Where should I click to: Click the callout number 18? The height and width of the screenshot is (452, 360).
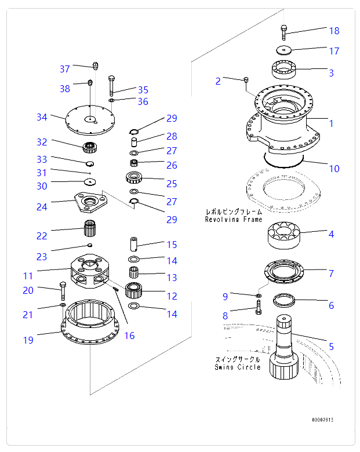(x=334, y=31)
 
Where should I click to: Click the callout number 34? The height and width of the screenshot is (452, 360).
(x=42, y=117)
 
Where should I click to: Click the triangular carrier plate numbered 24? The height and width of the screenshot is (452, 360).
(x=89, y=202)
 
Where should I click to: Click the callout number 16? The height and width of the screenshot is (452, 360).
(x=129, y=336)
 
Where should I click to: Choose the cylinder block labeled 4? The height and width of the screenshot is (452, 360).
(x=283, y=236)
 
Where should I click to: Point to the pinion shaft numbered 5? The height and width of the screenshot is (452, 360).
(x=284, y=348)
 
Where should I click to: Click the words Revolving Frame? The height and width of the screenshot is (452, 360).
(x=233, y=220)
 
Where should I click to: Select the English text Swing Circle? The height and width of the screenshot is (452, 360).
(x=237, y=367)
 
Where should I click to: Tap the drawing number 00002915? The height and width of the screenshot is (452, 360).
(x=323, y=420)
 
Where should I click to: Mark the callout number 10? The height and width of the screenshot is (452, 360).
(x=334, y=169)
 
